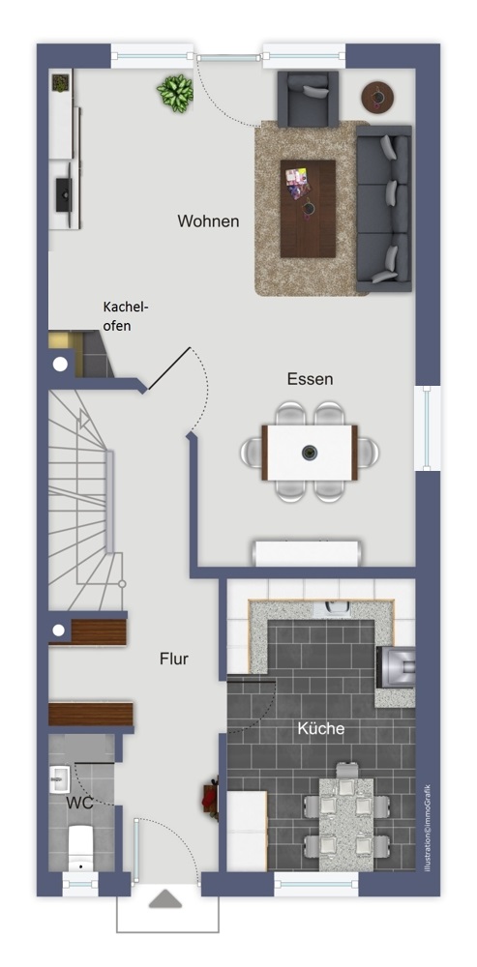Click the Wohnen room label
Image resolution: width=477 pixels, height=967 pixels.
tap(208, 220)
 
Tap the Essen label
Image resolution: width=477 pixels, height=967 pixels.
tap(310, 379)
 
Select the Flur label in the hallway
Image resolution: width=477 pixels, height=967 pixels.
tap(174, 659)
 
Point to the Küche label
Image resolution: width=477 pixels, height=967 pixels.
tap(321, 728)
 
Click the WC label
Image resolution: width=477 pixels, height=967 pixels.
tap(79, 803)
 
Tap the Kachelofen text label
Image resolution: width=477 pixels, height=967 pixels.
tap(126, 316)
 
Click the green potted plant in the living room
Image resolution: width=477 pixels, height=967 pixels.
tap(175, 93)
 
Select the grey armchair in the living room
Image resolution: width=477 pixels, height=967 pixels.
tap(308, 99)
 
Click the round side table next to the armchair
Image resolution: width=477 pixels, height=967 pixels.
tap(377, 97)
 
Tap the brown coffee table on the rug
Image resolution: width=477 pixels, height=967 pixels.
tap(308, 209)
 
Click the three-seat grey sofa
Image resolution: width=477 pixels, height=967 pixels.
tap(384, 209)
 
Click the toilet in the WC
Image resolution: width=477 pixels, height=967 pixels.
tap(80, 847)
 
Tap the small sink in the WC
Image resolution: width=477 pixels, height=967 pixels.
tap(60, 778)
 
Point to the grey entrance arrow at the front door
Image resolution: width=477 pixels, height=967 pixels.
tap(165, 898)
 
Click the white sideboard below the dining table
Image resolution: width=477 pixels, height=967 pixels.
tap(307, 552)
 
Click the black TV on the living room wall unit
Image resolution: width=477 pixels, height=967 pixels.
tap(64, 195)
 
